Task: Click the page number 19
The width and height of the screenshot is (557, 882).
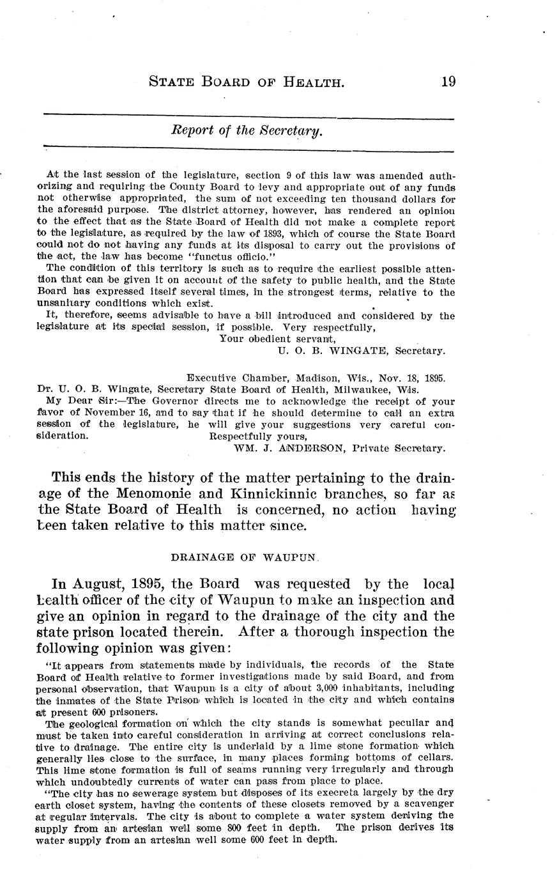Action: click(x=447, y=81)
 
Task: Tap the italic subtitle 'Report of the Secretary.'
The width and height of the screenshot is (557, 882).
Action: click(x=247, y=131)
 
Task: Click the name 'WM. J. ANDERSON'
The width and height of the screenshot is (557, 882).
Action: click(x=281, y=447)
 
